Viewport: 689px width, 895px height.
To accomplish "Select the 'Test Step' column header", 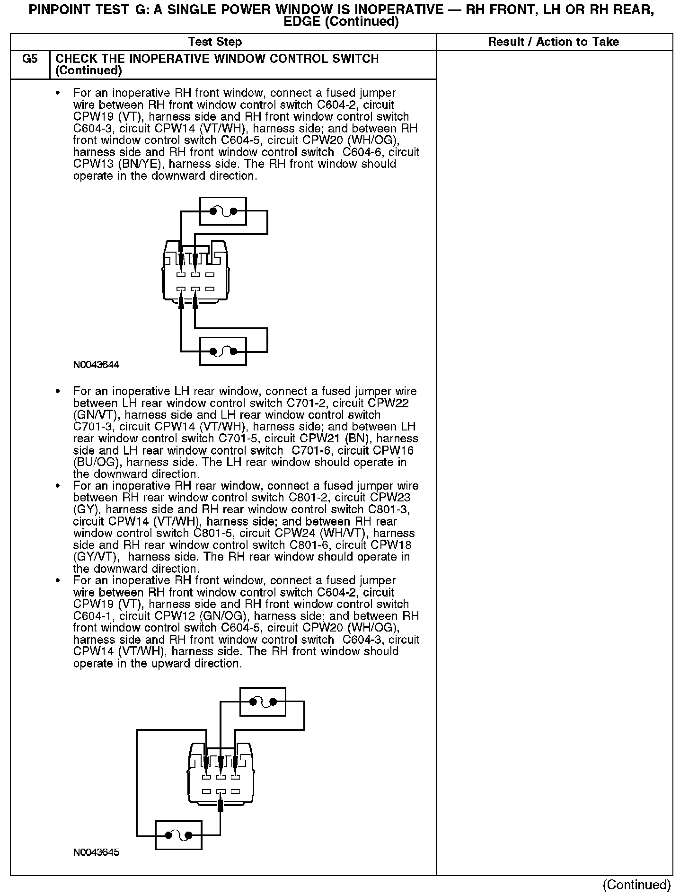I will pos(215,42).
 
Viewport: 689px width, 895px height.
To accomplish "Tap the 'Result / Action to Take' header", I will pos(553,42).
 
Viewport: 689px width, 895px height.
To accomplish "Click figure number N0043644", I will pos(96,365).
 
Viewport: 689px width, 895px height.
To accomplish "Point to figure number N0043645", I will pos(96,852).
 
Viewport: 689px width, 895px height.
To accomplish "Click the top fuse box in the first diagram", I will pos(223,211).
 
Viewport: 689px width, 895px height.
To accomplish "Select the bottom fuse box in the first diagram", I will pos(223,351).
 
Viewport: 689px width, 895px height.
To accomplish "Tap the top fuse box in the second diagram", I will pos(263,702).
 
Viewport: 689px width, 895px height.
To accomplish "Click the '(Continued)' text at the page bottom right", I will pos(637,885).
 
